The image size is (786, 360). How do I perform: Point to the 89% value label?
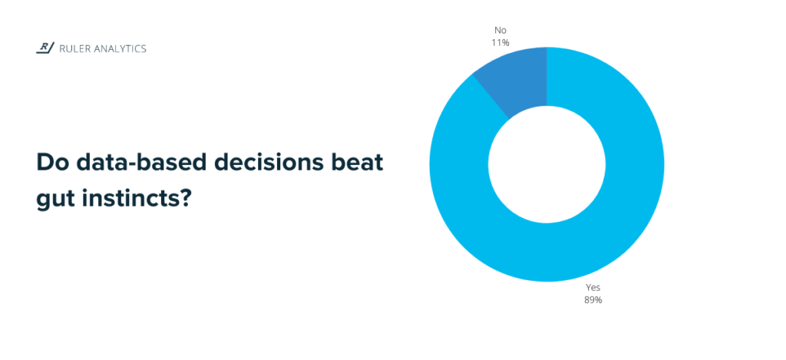coord(593,299)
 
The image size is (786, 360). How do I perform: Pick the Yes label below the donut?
coord(593,287)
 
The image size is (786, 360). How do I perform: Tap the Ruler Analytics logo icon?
coord(45,48)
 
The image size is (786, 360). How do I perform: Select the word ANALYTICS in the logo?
coord(121,49)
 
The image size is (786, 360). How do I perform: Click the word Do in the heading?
coord(50,163)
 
